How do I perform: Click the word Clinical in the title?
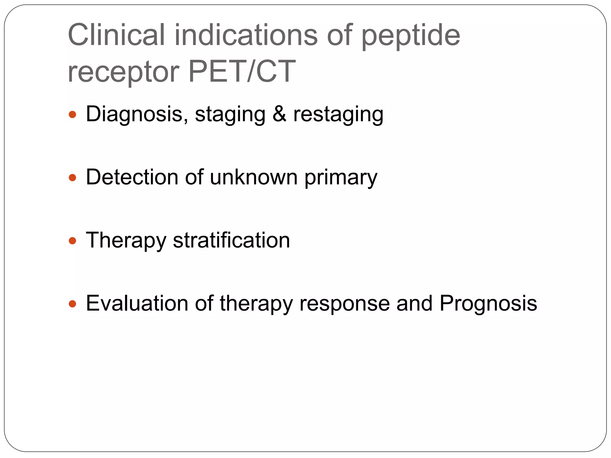click(x=116, y=35)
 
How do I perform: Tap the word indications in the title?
click(x=246, y=35)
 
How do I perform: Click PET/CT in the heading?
click(x=242, y=72)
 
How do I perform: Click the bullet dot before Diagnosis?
click(x=72, y=114)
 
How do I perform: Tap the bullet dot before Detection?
click(x=72, y=178)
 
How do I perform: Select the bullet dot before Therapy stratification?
click(x=72, y=241)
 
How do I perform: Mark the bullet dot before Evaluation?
click(x=72, y=304)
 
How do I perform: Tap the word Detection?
click(x=132, y=177)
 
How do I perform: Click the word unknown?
click(x=254, y=177)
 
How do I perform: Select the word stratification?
click(x=231, y=240)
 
